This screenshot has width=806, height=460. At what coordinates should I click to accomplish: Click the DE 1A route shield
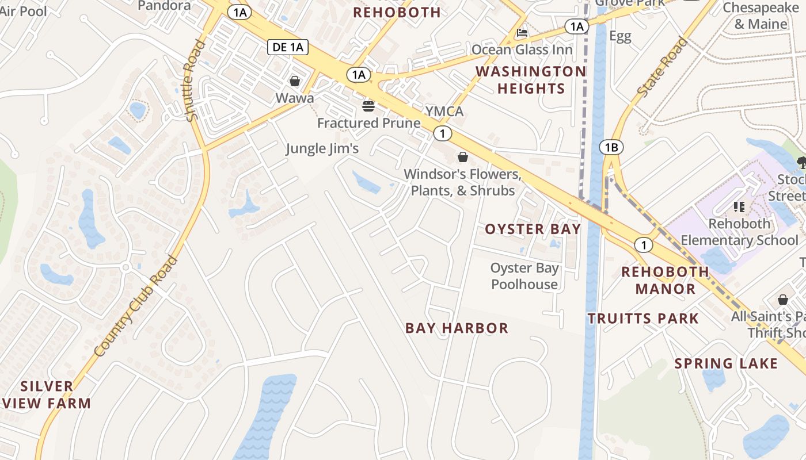[288, 47]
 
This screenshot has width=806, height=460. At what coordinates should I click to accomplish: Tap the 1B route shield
[611, 148]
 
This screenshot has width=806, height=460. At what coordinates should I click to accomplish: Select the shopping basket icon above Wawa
[295, 81]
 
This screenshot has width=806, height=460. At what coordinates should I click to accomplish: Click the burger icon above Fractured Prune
[368, 106]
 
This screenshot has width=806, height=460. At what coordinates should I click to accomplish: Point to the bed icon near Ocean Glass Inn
[522, 33]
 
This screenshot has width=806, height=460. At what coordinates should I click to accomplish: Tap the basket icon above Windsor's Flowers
[463, 157]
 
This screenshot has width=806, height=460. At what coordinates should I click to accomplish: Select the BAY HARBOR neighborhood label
[457, 328]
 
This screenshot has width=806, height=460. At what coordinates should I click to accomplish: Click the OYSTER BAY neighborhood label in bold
[533, 229]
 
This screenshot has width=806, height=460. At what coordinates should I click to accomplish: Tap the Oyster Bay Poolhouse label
[524, 276]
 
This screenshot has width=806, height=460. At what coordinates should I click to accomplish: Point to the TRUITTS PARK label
[643, 319]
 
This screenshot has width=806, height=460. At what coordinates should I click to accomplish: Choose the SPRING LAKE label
[726, 363]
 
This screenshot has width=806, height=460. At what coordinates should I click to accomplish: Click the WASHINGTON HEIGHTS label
[530, 80]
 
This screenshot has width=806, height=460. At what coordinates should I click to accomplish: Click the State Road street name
[662, 67]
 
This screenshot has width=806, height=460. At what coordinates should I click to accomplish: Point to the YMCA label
[444, 111]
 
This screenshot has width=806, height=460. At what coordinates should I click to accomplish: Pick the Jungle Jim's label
[322, 148]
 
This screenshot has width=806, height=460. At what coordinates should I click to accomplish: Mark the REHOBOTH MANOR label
[666, 280]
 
